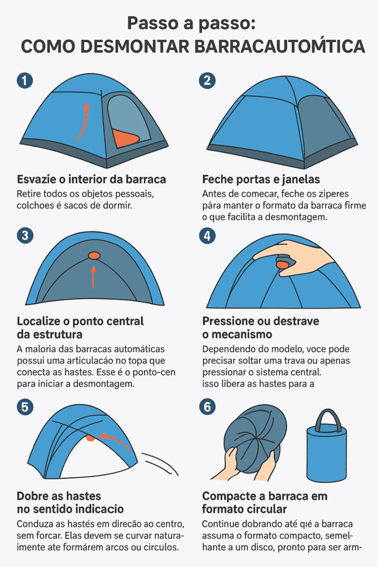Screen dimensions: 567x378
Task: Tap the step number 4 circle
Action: tap(207, 235)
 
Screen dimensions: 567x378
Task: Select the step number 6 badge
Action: tap(207, 407)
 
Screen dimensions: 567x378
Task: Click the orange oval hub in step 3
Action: tap(94, 255)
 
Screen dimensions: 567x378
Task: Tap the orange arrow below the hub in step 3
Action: tap(94, 276)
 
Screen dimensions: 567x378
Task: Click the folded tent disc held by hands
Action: tap(252, 437)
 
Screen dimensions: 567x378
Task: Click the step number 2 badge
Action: tap(207, 80)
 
